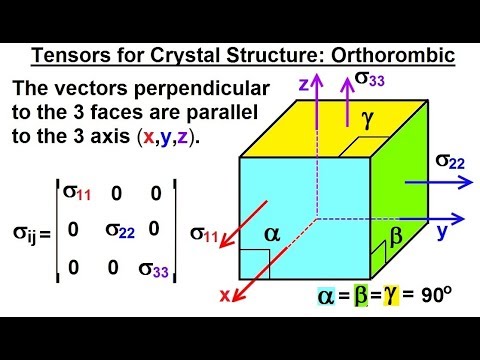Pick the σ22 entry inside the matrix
pyautogui.click(x=121, y=229)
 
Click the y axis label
pyautogui.click(x=440, y=229)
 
